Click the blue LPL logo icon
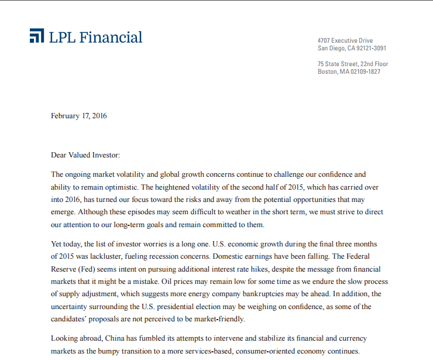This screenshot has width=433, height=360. pyautogui.click(x=36, y=36)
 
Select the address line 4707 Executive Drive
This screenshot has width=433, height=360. pyautogui.click(x=345, y=40)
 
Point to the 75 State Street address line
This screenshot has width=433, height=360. pyautogui.click(x=353, y=64)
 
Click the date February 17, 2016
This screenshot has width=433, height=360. pyautogui.click(x=78, y=115)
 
